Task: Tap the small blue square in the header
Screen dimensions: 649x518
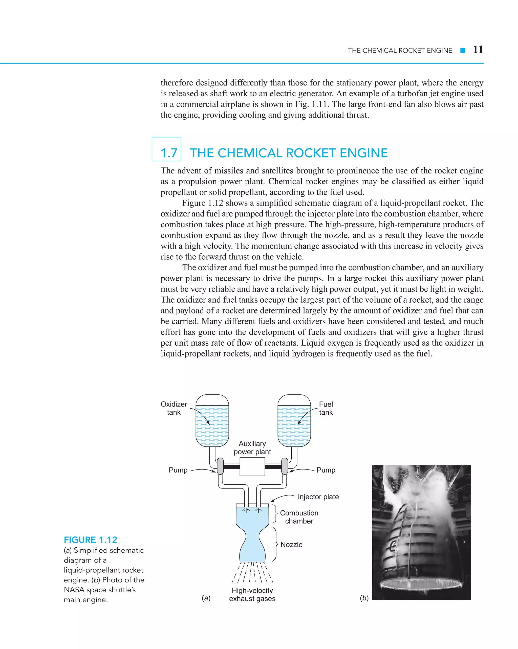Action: (x=463, y=51)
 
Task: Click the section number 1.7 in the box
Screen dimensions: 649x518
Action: (x=169, y=153)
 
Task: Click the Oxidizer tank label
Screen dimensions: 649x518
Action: (x=174, y=408)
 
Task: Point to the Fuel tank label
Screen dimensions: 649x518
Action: (x=326, y=408)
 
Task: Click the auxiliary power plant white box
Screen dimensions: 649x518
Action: (x=252, y=467)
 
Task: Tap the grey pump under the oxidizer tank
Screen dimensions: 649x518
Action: (x=220, y=466)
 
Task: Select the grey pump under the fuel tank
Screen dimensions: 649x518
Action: (x=284, y=466)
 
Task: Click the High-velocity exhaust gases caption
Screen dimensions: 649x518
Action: (x=252, y=594)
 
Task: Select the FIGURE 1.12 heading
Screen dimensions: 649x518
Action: (x=90, y=540)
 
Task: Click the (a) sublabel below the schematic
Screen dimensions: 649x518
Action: (x=206, y=598)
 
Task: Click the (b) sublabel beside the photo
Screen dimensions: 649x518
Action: (x=364, y=598)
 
